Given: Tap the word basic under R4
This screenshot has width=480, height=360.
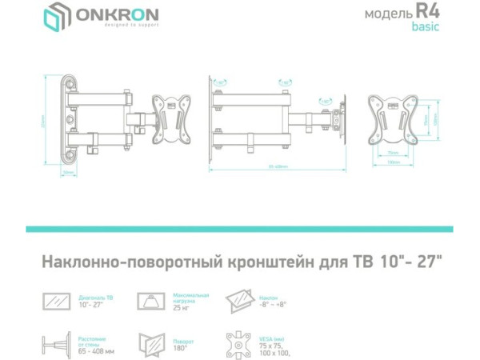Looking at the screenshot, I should pyautogui.click(x=425, y=27).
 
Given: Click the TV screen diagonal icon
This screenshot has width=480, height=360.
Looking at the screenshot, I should pyautogui.click(x=57, y=301).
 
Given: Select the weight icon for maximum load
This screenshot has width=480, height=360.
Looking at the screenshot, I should pyautogui.click(x=149, y=301).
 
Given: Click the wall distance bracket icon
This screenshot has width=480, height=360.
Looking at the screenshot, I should pyautogui.click(x=57, y=345).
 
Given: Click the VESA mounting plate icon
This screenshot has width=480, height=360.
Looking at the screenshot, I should pyautogui.click(x=239, y=345).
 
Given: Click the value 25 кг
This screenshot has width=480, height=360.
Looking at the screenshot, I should pyautogui.click(x=182, y=307).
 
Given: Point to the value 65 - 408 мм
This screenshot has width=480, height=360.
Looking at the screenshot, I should pyautogui.click(x=97, y=351).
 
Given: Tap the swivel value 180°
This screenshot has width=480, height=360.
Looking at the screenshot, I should pyautogui.click(x=181, y=349).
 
